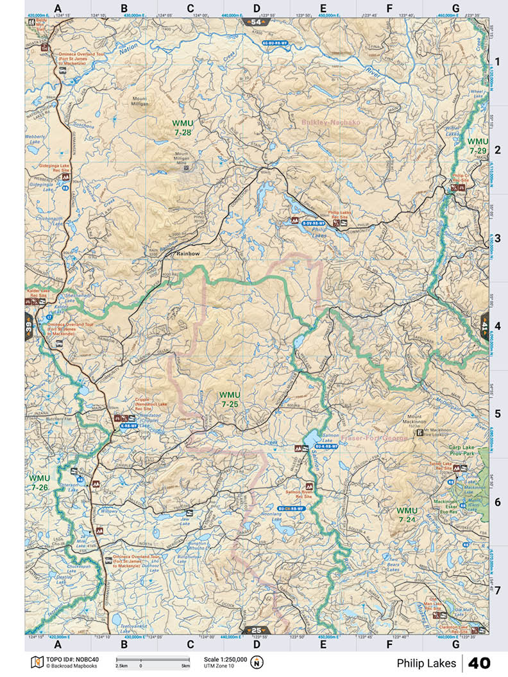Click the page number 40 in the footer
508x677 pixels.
487,662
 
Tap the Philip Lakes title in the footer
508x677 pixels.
426,662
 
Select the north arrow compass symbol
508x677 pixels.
258,662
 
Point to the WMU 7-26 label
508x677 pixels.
39,482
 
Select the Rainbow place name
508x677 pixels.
188,254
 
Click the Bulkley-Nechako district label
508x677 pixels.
331,121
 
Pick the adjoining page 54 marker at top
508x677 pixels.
257,22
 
